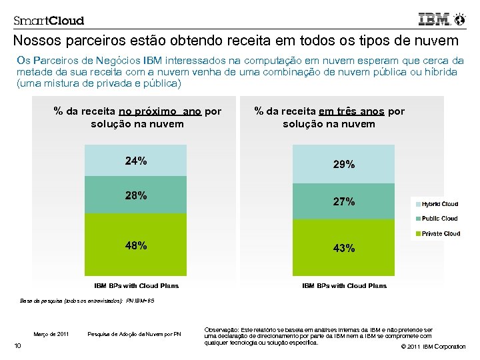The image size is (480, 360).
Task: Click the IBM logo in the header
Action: [x=435, y=19]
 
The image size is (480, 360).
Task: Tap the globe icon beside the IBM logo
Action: [x=459, y=19]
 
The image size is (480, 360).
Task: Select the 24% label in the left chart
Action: [x=136, y=161]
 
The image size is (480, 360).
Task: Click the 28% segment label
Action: [x=136, y=195]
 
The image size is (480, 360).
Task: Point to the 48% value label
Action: [x=136, y=245]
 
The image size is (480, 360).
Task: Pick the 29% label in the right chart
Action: [x=344, y=164]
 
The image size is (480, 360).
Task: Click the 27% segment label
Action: [x=344, y=201]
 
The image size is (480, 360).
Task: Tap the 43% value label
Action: [x=344, y=248]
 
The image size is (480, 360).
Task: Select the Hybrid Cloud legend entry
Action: [x=439, y=204]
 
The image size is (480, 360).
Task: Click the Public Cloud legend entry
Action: [x=439, y=219]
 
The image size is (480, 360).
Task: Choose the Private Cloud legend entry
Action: [x=439, y=234]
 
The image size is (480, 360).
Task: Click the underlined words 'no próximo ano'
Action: [x=159, y=111]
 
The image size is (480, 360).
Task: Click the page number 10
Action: [x=18, y=345]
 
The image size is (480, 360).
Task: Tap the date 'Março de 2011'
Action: [x=51, y=334]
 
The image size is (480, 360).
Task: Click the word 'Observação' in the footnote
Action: [x=220, y=329]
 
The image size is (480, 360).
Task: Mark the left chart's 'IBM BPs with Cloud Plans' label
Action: [x=136, y=286]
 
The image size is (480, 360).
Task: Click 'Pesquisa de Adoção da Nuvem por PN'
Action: [x=134, y=334]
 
